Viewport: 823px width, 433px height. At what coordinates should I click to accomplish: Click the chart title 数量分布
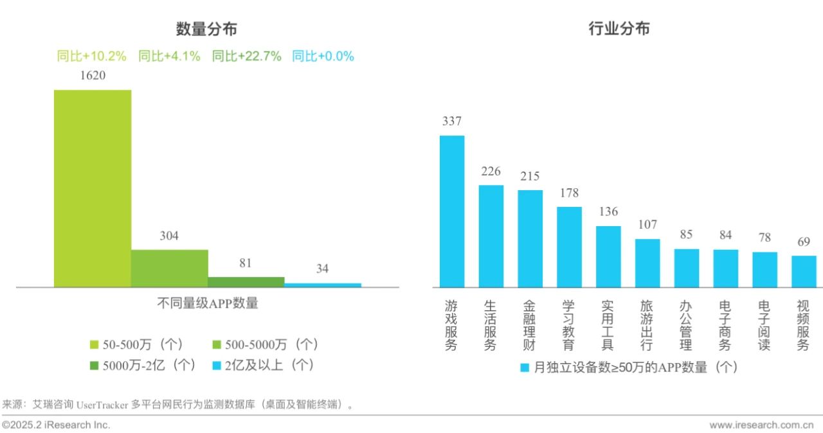pos(206,29)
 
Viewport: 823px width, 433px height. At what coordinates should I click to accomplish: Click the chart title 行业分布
pos(619,29)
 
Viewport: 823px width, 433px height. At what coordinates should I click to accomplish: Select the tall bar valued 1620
pos(92,188)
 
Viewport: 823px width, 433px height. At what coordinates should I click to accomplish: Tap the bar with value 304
pos(169,268)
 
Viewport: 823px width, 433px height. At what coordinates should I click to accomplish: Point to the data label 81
pos(246,263)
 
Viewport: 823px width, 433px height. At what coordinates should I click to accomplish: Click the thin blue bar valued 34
pos(323,285)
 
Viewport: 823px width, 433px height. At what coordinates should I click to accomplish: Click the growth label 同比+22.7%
pos(246,57)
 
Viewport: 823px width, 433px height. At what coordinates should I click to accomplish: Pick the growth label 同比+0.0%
pos(323,57)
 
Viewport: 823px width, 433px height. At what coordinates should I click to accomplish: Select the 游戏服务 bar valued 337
pos(451,211)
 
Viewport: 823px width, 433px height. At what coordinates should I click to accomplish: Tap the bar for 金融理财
pos(530,238)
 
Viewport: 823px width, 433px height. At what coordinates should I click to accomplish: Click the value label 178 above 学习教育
pos(569,193)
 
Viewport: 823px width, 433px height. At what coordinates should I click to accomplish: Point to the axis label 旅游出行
pos(647,325)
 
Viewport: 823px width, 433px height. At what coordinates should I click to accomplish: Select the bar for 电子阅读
pos(764,269)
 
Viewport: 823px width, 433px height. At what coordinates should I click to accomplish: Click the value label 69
pos(804,242)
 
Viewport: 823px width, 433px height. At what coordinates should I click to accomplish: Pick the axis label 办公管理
pos(686,325)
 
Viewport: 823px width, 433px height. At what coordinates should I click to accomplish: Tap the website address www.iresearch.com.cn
pos(761,425)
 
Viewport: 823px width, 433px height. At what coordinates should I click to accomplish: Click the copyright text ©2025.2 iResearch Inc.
pos(56,425)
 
